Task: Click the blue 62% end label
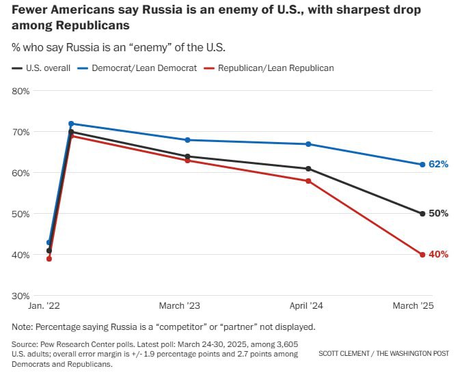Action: click(438, 165)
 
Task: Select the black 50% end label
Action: click(438, 214)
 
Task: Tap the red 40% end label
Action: click(438, 255)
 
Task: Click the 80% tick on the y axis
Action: click(21, 91)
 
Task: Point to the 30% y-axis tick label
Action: click(21, 296)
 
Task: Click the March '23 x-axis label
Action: click(180, 306)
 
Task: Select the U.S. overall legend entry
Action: click(42, 68)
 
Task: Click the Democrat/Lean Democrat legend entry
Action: click(139, 68)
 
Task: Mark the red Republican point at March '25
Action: click(422, 255)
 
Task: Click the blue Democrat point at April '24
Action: click(309, 144)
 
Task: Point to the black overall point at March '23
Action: click(188, 156)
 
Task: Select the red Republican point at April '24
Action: click(309, 181)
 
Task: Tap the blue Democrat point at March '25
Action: click(422, 165)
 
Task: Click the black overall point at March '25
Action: click(422, 214)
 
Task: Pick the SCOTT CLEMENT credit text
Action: click(349, 354)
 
